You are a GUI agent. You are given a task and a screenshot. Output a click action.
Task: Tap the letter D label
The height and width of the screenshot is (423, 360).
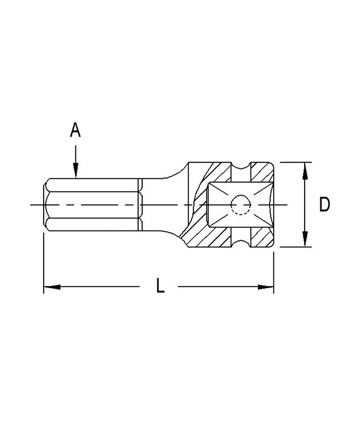pyautogui.click(x=324, y=205)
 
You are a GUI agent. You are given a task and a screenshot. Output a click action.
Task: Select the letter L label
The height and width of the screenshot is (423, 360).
pyautogui.click(x=160, y=286)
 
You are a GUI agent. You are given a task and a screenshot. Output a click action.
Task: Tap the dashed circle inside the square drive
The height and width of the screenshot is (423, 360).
pyautogui.click(x=240, y=205)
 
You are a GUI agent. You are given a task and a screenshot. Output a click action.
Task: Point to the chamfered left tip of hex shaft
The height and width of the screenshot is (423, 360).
pyautogui.click(x=46, y=205)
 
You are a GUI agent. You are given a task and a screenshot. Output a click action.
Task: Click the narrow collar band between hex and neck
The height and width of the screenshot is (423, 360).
pyautogui.click(x=140, y=205)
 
